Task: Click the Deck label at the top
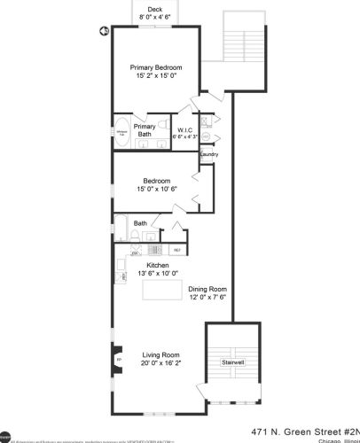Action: click(x=155, y=9)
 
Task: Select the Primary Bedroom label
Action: click(x=156, y=68)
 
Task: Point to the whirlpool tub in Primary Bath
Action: click(x=121, y=135)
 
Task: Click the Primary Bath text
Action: click(x=145, y=131)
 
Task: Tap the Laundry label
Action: click(x=209, y=154)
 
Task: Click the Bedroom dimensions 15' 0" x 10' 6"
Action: click(x=156, y=189)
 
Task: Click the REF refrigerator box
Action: click(x=176, y=251)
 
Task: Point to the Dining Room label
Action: click(x=208, y=289)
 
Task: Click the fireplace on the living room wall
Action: click(x=117, y=360)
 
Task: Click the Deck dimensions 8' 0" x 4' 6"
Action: click(x=155, y=17)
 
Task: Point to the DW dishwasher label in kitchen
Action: click(x=135, y=253)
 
